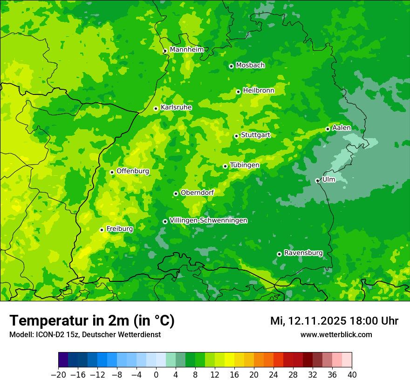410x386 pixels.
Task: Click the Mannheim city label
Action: point(186,50)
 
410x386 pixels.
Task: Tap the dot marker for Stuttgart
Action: point(236,136)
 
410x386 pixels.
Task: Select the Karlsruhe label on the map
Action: point(176,107)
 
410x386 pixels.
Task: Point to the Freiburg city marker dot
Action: point(102,230)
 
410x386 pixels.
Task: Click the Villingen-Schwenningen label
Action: point(208,220)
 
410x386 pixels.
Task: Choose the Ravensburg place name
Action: point(303,253)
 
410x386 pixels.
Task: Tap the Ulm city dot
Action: point(318,180)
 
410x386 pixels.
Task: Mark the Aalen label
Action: point(342,128)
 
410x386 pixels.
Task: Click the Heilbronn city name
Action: point(259,91)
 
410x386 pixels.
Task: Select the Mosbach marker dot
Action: point(231,66)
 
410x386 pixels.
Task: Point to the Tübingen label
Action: point(245,165)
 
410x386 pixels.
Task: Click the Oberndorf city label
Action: point(197,193)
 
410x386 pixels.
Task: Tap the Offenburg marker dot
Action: point(112,172)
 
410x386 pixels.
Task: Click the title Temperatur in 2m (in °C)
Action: point(92,321)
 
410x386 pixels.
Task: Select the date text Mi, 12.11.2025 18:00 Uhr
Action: point(334,321)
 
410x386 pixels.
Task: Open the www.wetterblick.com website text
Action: point(336,335)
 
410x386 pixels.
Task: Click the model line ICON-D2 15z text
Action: point(85,335)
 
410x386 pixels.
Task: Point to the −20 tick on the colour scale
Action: point(58,375)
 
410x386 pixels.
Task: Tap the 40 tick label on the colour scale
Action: point(352,375)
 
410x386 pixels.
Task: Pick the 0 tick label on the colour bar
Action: point(156,375)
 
